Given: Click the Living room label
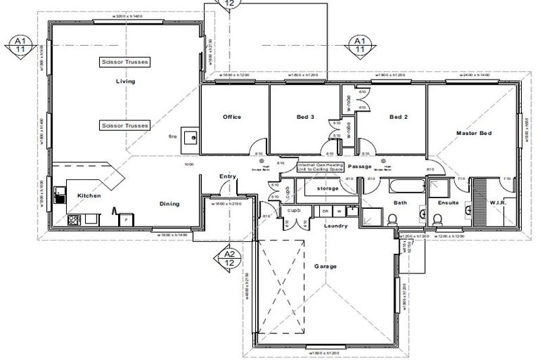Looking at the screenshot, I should pyautogui.click(x=125, y=82).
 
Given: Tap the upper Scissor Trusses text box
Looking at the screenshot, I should pyautogui.click(x=125, y=62).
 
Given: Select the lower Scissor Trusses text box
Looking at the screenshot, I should pyautogui.click(x=125, y=125).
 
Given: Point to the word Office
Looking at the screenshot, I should pyautogui.click(x=232, y=117).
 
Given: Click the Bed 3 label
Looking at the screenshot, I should pyautogui.click(x=305, y=117).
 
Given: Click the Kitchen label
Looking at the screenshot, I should pyautogui.click(x=89, y=195).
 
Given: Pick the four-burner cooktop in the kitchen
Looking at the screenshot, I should pyautogui.click(x=73, y=221).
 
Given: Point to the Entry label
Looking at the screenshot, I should pyautogui.click(x=226, y=176).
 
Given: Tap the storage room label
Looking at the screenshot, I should pyautogui.click(x=327, y=188).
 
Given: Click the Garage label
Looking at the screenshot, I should pyautogui.click(x=326, y=266).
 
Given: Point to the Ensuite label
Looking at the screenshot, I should pyautogui.click(x=448, y=202).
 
